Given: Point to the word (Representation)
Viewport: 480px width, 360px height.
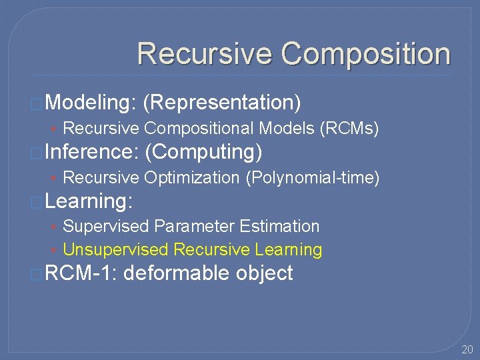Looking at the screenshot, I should coord(222,102).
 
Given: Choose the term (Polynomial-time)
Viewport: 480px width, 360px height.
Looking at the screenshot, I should coord(313,177).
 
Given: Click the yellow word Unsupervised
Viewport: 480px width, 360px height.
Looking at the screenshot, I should coord(115,250).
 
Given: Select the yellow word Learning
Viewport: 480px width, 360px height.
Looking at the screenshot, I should coord(289,250).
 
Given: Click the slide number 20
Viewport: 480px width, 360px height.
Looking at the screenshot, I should coord(467,349).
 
